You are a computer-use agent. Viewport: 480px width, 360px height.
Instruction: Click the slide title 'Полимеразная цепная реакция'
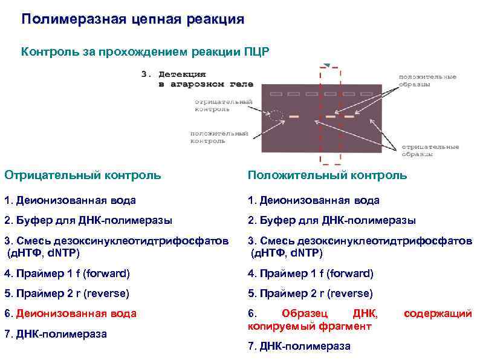pyautogui.click(x=133, y=19)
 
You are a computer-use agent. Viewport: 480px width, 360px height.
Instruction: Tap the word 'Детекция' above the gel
pyautogui.click(x=183, y=74)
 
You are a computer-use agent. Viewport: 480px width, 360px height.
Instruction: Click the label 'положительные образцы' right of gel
pyautogui.click(x=427, y=80)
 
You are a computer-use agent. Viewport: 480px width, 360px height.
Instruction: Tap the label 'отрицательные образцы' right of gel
pyautogui.click(x=430, y=150)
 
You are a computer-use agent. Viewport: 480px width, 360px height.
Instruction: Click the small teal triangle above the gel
pyautogui.click(x=326, y=65)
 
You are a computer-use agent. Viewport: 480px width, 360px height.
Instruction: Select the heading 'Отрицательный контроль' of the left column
pyautogui.click(x=83, y=175)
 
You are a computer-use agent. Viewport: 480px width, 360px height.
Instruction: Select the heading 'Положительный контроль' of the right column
pyautogui.click(x=327, y=175)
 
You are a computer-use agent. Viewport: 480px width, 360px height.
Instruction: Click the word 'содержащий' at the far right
pyautogui.click(x=438, y=313)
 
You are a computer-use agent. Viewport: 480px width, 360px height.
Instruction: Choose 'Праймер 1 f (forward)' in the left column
pyautogui.click(x=67, y=273)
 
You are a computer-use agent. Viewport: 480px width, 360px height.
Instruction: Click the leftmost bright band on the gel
pyautogui.click(x=294, y=116)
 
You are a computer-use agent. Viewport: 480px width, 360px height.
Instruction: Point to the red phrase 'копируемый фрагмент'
pyautogui.click(x=310, y=326)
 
